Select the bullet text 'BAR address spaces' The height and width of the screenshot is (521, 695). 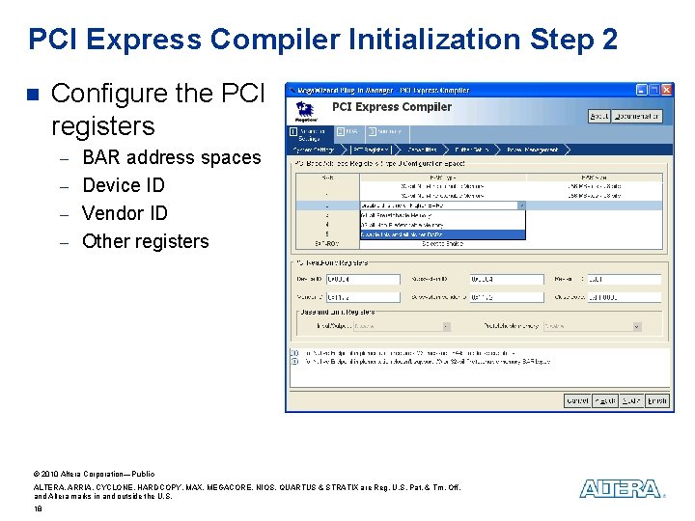tap(171, 157)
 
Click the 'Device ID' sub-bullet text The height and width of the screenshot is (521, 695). tap(124, 185)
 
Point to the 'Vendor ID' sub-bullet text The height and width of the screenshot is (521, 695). tap(125, 213)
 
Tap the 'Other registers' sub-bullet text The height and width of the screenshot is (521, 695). tap(145, 241)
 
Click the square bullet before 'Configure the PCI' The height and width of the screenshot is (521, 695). tap(31, 95)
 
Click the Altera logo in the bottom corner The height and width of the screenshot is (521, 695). tap(621, 489)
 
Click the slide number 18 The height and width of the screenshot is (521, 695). tap(38, 507)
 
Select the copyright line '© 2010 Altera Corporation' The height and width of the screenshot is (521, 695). tap(94, 475)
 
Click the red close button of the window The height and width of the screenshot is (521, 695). tap(665, 90)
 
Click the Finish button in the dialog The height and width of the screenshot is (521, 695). tap(656, 400)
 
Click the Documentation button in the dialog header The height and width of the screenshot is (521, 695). tap(638, 116)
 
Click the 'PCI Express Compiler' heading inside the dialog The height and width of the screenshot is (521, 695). tap(391, 107)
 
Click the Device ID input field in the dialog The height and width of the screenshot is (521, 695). tap(362, 280)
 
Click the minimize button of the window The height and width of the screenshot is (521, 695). tap(641, 90)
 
